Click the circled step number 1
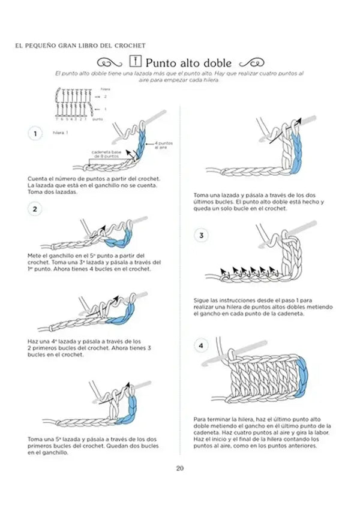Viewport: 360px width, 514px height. [35, 134]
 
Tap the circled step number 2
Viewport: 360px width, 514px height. [35, 209]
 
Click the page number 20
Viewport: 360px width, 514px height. [179, 469]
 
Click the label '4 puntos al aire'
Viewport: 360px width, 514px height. [164, 145]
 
